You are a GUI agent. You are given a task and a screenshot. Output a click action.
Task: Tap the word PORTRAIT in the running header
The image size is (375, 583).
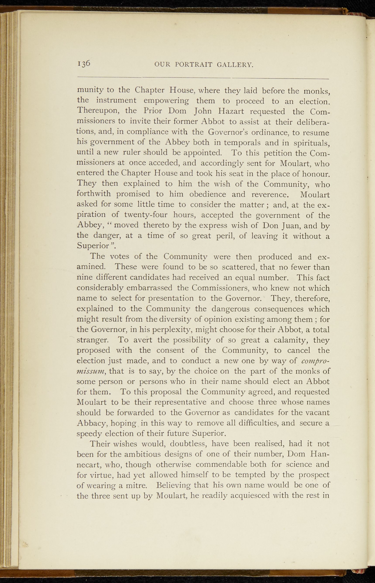click(194, 65)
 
